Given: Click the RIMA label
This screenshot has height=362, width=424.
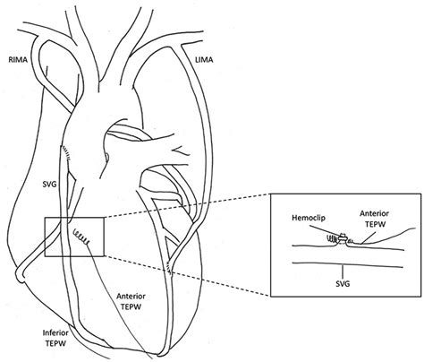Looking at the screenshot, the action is coord(18,60).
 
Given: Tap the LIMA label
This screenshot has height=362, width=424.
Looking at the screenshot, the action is coord(204,60).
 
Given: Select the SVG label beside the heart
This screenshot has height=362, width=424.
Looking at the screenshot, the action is coord(49,185).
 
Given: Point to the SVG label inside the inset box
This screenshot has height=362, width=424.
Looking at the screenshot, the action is coord(343,284).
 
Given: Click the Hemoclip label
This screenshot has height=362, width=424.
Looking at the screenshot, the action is coord(309,218).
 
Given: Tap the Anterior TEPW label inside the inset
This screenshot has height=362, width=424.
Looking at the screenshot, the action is coord(375,219).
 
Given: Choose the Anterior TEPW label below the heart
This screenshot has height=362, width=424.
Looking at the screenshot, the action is coord(131,301).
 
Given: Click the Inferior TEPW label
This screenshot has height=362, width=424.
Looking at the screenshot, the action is coord(55,338).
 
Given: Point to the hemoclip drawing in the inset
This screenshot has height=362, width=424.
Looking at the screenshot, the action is coord(343,237).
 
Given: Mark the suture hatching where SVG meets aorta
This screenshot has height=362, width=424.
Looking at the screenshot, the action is coord(66,153).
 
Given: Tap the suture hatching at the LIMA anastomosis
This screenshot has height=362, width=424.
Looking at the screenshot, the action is coord(169,266).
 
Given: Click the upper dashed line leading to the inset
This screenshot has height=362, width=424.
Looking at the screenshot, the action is coord(187,205).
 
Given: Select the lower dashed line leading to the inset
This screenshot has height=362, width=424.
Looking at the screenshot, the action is coord(187,276).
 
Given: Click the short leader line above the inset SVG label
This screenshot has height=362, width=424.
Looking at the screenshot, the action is coord(343,272).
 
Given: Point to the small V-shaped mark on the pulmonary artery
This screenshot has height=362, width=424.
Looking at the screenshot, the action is coord(181,151).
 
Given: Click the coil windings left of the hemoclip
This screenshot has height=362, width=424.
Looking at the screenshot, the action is coord(333,238).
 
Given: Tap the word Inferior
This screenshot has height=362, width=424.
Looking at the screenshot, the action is coord(55,333).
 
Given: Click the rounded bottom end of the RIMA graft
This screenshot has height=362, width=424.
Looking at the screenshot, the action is coord(20,273).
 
